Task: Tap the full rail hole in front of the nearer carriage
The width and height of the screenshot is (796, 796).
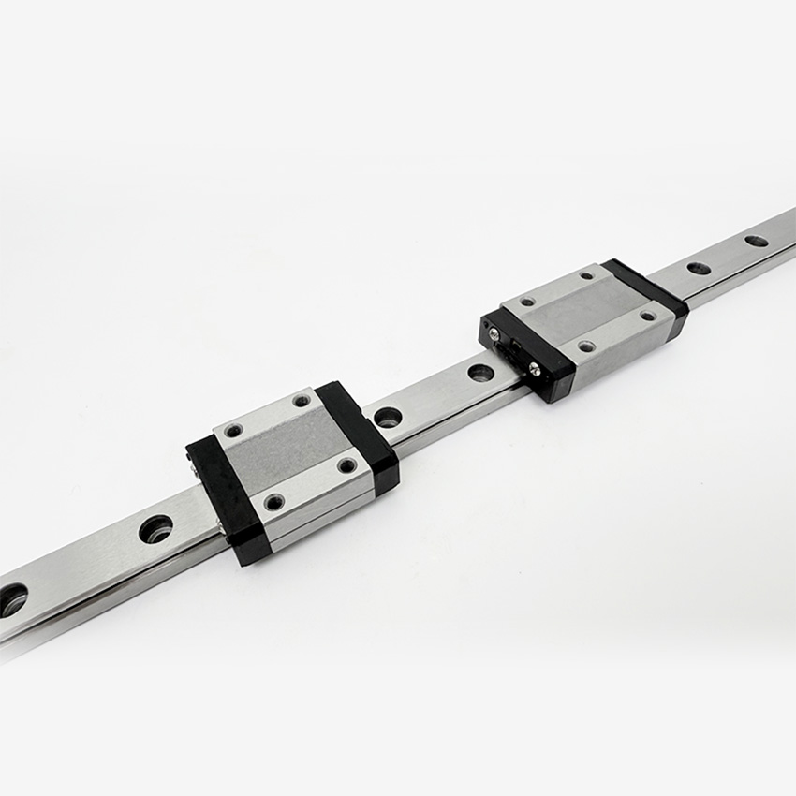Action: point(155,529)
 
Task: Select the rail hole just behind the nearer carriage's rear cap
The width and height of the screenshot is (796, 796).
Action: point(388,416)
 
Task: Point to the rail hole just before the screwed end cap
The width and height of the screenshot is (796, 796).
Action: point(480,372)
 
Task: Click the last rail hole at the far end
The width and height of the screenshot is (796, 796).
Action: point(756,241)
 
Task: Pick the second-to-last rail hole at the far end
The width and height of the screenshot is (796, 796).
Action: point(699,268)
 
